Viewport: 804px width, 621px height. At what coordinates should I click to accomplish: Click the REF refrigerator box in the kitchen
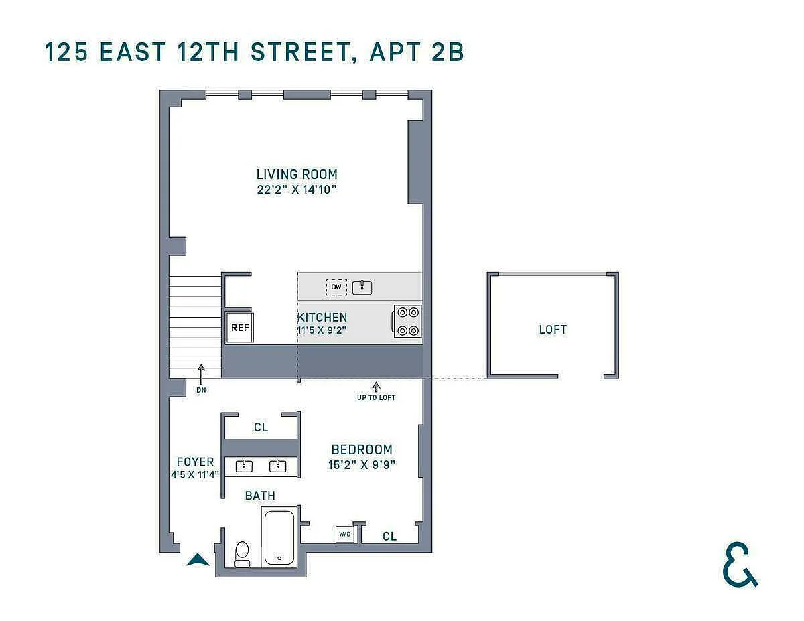240,328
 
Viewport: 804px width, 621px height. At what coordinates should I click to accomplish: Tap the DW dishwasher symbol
336,287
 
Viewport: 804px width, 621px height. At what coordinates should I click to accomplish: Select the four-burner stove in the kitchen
407,321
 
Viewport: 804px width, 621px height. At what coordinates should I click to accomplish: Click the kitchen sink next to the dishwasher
362,287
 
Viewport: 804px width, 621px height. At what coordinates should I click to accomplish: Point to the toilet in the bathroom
243,554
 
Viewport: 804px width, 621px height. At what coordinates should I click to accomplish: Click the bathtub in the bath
279,537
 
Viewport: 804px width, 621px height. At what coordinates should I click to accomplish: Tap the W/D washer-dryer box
344,534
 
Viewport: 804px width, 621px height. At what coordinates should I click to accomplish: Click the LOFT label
553,330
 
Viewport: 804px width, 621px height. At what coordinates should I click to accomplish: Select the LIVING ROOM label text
297,174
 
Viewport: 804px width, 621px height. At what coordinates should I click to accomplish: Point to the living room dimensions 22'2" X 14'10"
297,190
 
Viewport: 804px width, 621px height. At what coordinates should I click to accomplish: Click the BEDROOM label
362,450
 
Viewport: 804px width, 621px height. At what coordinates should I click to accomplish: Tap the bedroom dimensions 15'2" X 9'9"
362,464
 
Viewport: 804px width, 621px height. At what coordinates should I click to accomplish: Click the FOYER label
195,462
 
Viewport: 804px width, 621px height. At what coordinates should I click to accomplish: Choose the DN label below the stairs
201,390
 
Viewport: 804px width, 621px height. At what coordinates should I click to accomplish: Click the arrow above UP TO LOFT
377,387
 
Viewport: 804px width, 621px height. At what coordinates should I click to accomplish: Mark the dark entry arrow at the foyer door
198,559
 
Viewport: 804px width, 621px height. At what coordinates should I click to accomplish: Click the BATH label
260,496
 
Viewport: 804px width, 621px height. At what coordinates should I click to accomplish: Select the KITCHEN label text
322,318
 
